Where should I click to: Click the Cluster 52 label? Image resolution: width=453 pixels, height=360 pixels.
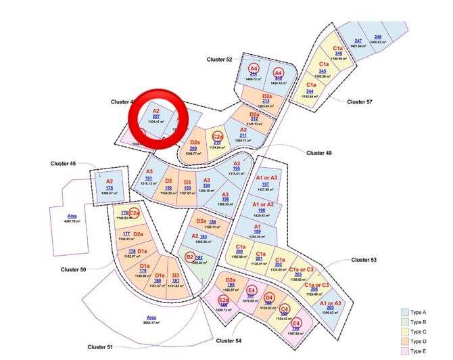pyautogui.click(x=220, y=60)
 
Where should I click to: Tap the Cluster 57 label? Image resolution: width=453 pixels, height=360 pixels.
pyautogui.click(x=360, y=102)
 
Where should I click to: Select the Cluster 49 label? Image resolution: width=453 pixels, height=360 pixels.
pyautogui.click(x=319, y=153)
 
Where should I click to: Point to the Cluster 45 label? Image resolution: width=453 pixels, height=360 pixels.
pyautogui.click(x=64, y=163)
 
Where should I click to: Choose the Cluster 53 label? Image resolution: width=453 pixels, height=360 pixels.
pyautogui.click(x=364, y=260)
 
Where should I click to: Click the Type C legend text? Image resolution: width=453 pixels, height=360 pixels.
pyautogui.click(x=421, y=332)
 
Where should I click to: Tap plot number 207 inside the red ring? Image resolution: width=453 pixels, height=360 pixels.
pyautogui.click(x=156, y=116)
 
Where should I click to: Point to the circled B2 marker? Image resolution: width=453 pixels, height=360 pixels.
pyautogui.click(x=191, y=257)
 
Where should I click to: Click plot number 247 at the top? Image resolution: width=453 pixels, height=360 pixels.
pyautogui.click(x=358, y=41)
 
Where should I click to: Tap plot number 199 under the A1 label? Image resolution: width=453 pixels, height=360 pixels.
pyautogui.click(x=257, y=231)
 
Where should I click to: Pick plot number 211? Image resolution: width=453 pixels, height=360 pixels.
pyautogui.click(x=243, y=135)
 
